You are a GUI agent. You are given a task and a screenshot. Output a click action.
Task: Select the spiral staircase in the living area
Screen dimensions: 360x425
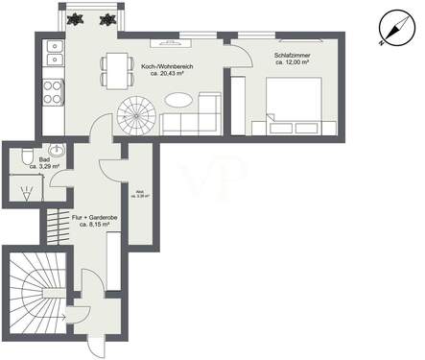tap(136, 117)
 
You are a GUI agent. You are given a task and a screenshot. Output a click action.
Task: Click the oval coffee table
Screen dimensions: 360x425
tap(178, 100)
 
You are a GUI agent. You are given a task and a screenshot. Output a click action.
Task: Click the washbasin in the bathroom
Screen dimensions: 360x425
tap(57, 151)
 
